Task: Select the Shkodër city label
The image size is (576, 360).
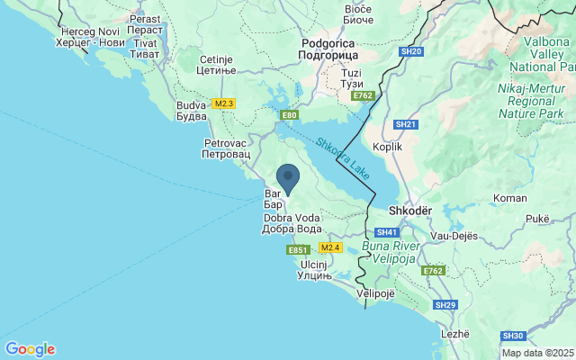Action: [410, 211]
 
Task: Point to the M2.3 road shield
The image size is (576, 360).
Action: [224, 103]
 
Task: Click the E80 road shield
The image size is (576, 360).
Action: [289, 115]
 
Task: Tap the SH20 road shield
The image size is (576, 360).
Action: [411, 51]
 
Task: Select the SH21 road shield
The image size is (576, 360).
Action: [407, 123]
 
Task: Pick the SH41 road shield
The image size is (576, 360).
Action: [388, 232]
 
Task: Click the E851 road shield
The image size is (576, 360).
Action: [299, 249]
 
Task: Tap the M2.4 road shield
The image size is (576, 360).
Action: [331, 247]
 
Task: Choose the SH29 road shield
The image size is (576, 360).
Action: [445, 305]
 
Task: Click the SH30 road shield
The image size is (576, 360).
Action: [513, 336]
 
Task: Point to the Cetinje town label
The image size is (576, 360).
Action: [217, 65]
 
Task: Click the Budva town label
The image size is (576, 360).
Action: [191, 111]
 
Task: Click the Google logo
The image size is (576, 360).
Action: [30, 349]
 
